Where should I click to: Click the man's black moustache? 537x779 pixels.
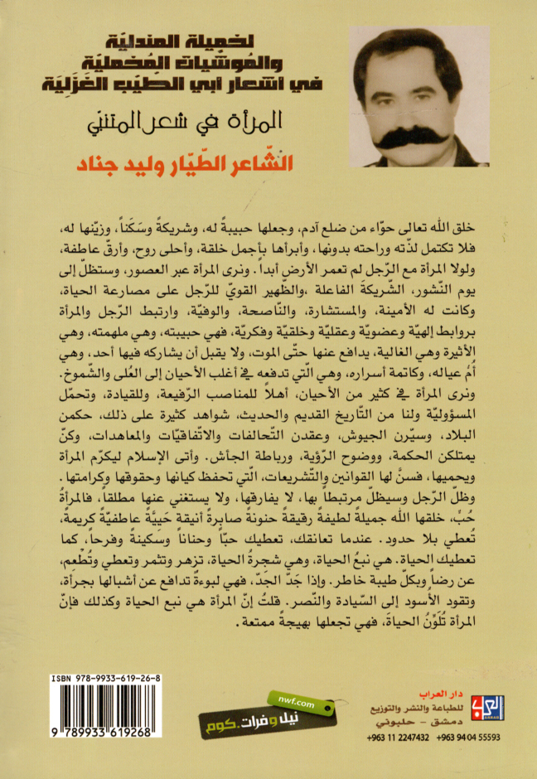click(436, 135)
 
